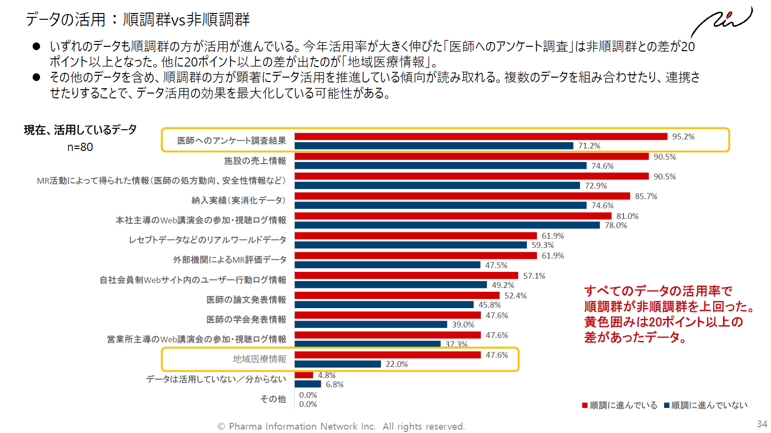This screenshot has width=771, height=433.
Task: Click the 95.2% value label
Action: point(683,136)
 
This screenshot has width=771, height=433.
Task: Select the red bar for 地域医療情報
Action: point(388,355)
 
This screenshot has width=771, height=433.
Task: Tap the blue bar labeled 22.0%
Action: point(338,364)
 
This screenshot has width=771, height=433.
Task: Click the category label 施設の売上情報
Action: point(255,161)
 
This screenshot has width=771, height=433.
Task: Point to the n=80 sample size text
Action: point(80,147)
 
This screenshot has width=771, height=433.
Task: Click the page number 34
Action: point(761,424)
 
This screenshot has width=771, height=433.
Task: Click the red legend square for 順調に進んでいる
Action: point(585,405)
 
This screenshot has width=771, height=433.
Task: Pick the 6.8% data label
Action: point(334,384)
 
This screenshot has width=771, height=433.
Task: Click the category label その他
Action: point(273,399)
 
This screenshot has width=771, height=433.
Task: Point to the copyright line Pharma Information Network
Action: point(341,426)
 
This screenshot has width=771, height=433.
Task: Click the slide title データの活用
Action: point(138,19)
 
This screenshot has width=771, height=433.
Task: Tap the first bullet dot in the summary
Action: point(36,46)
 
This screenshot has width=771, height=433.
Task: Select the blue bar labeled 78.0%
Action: point(447,225)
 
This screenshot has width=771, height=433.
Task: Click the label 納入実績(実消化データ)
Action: point(238,200)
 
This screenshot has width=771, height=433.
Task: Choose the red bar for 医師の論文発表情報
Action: point(397,295)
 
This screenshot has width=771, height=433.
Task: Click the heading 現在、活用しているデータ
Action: point(80,130)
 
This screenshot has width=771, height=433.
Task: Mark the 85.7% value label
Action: point(645,196)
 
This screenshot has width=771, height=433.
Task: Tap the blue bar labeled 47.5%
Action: point(387,265)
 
